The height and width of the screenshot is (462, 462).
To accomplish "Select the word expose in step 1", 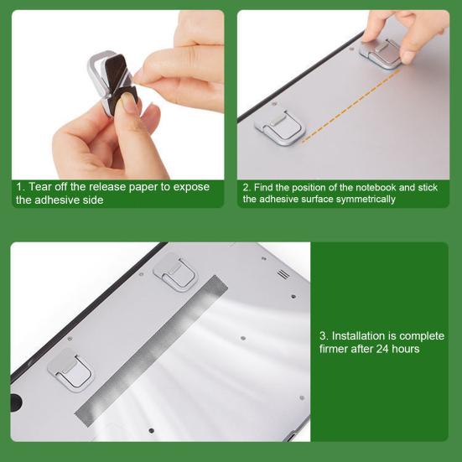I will (191, 186).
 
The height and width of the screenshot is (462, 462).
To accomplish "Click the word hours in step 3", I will (405, 349).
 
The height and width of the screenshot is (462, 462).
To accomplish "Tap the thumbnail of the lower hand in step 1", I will (127, 102).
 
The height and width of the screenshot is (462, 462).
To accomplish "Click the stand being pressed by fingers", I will (382, 52).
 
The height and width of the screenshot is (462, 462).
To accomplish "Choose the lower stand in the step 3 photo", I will (70, 370).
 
